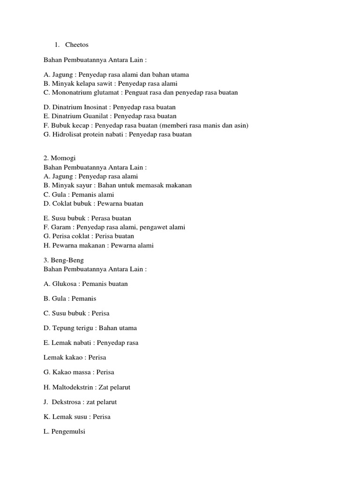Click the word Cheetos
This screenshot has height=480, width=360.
point(77,45)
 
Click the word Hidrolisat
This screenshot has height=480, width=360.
point(67,134)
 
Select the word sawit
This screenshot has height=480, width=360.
point(104,83)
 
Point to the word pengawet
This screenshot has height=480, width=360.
point(151,227)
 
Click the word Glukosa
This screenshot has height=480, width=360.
point(64,284)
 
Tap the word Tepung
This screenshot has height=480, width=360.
point(63,328)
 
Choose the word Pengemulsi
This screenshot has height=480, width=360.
point(68,431)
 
